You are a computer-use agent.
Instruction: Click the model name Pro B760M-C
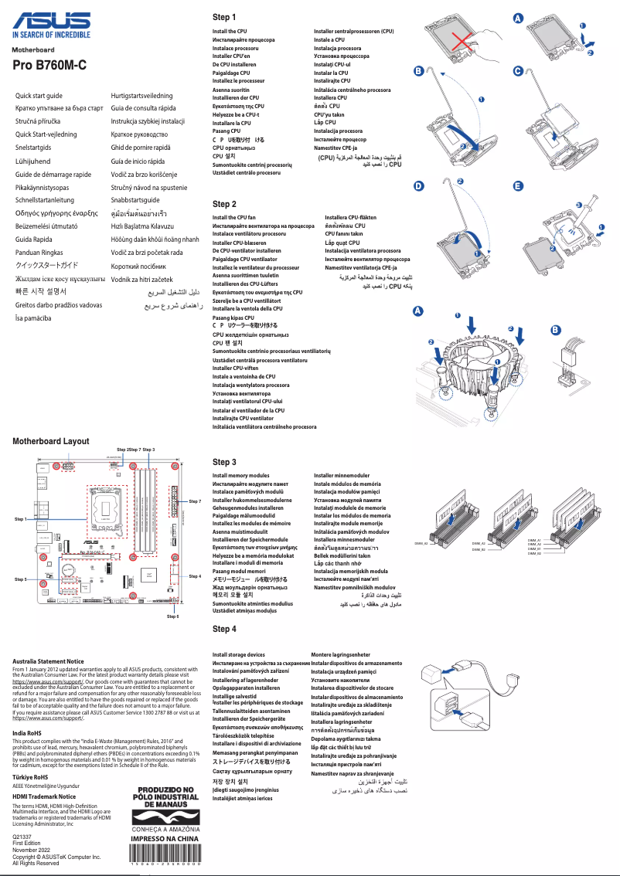click(49, 66)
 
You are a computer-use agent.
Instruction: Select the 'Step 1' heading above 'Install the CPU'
click(224, 17)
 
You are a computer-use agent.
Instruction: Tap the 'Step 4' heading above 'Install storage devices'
click(224, 629)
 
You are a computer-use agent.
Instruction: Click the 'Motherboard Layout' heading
click(51, 441)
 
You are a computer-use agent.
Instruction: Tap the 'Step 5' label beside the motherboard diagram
click(22, 579)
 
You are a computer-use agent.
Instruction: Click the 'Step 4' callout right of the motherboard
click(195, 576)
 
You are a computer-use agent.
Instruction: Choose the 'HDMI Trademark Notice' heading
click(44, 796)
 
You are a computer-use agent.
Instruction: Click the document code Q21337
click(22, 837)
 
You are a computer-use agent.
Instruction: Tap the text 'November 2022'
click(31, 850)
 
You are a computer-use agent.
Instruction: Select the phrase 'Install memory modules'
click(241, 476)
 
